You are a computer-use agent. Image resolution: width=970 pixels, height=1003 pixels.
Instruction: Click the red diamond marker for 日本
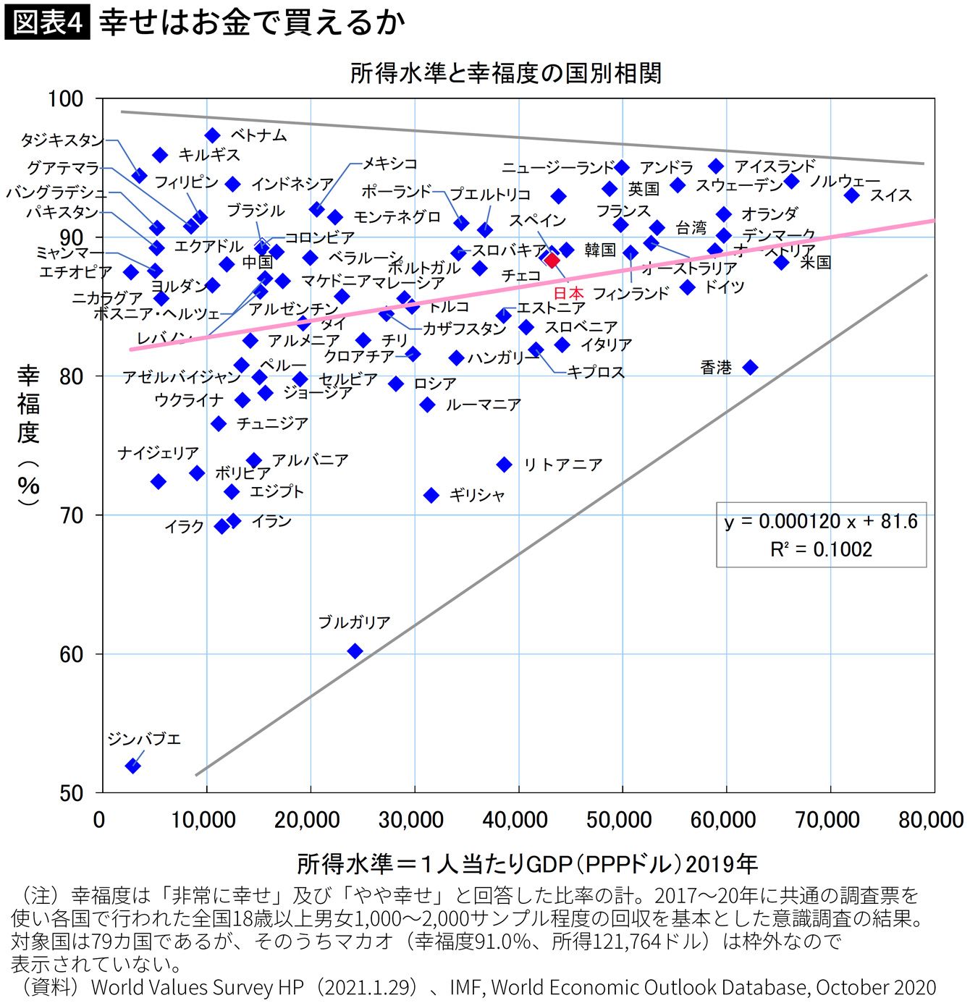(x=552, y=261)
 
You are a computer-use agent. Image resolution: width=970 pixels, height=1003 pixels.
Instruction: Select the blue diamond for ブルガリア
(x=355, y=651)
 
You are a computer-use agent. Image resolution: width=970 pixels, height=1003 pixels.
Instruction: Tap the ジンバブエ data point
(x=132, y=766)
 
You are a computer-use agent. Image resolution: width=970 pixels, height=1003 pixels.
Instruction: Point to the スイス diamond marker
(x=851, y=195)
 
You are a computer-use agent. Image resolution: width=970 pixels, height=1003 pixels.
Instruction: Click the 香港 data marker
(x=751, y=368)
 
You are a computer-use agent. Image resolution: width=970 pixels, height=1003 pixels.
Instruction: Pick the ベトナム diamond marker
(x=212, y=135)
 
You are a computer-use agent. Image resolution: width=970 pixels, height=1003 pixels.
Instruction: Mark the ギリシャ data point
(x=431, y=495)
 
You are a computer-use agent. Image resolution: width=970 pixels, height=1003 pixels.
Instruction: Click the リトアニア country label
(x=562, y=465)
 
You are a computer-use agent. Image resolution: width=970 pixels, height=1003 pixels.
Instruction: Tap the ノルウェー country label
(x=844, y=181)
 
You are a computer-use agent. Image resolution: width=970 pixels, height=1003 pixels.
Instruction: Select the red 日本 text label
(x=568, y=293)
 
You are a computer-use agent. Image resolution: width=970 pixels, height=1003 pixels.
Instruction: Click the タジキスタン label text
(x=62, y=140)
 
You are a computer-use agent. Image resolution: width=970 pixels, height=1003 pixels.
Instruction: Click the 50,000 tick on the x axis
(x=620, y=820)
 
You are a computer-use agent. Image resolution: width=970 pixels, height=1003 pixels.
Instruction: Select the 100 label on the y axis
(x=66, y=98)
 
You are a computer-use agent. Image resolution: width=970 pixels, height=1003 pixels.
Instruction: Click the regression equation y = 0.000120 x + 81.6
(x=820, y=522)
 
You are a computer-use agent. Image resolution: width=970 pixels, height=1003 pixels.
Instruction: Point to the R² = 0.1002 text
(x=821, y=549)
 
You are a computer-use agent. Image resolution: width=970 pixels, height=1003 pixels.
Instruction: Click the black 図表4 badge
(x=47, y=23)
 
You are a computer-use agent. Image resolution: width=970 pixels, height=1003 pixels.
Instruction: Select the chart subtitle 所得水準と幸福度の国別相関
(x=506, y=73)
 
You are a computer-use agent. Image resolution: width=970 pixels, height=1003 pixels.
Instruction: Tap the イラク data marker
(x=222, y=526)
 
